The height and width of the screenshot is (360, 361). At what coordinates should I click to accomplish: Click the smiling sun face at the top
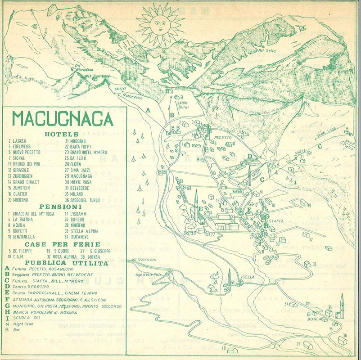tap(160, 25)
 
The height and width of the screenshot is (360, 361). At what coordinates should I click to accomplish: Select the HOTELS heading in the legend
tap(62, 134)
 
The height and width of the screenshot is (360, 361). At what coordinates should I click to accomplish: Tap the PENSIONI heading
tap(62, 208)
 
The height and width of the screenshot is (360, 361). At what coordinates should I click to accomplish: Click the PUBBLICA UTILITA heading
tap(67, 263)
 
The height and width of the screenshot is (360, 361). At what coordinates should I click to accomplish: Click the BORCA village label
tap(315, 319)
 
